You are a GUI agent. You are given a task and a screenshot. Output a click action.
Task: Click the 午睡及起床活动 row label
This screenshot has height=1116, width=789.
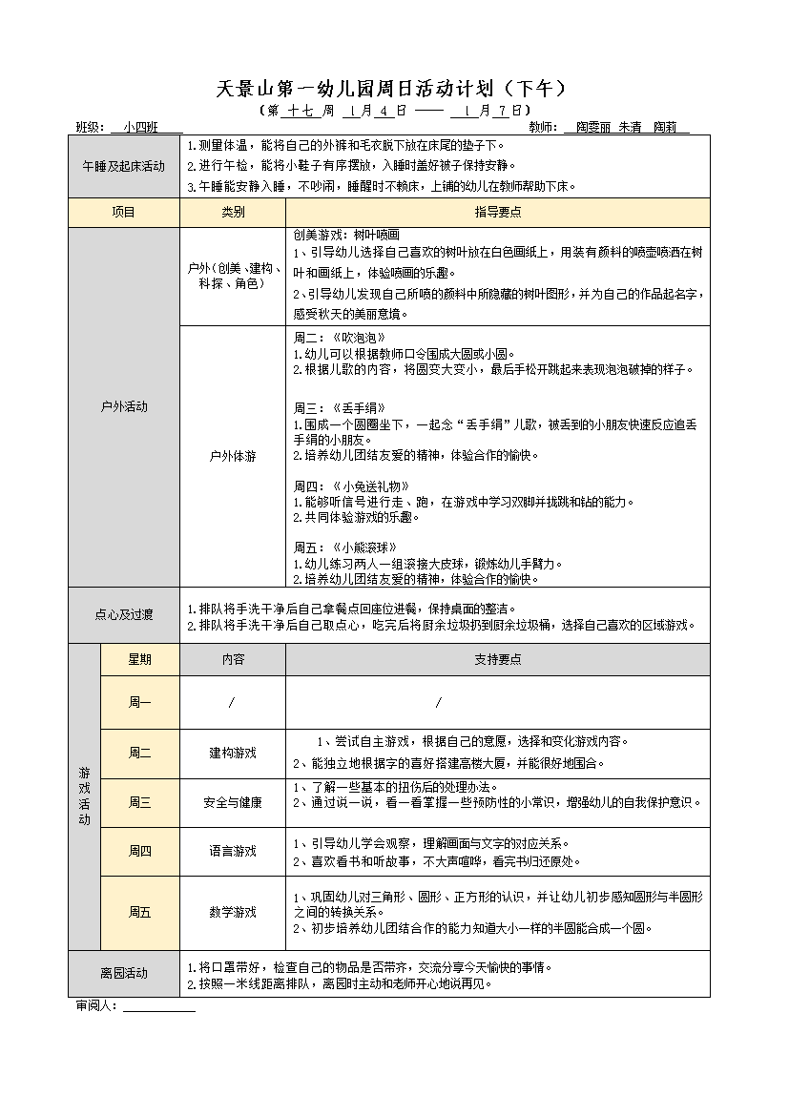coord(124,166)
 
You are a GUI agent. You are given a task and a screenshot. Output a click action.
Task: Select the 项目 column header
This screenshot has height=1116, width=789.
coord(124,212)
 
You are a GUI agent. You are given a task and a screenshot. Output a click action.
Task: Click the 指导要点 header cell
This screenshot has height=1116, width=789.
coord(497,212)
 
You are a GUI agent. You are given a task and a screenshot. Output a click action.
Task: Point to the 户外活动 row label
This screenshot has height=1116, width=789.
coord(124,406)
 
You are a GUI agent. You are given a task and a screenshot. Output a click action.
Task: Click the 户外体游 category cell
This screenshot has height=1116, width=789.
coord(233,456)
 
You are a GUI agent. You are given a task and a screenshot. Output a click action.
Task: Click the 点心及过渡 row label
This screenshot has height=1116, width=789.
coord(124,615)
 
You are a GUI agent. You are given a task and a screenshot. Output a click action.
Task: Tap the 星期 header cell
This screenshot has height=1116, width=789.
coord(139,659)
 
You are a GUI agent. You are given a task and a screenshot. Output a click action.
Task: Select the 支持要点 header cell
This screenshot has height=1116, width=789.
coord(497,659)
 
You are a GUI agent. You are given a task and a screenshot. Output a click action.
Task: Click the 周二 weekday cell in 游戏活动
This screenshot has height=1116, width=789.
coord(139,753)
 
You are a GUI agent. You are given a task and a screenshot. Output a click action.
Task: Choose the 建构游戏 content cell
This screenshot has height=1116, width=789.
coord(233,753)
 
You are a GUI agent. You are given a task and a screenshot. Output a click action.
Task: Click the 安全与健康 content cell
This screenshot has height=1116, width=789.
coord(233,802)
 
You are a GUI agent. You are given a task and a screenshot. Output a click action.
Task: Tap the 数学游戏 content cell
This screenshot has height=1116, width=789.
coord(233,912)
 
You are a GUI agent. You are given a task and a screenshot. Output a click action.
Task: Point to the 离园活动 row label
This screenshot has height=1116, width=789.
coord(124,973)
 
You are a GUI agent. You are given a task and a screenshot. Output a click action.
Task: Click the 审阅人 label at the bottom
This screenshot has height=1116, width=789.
coord(96,1005)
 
